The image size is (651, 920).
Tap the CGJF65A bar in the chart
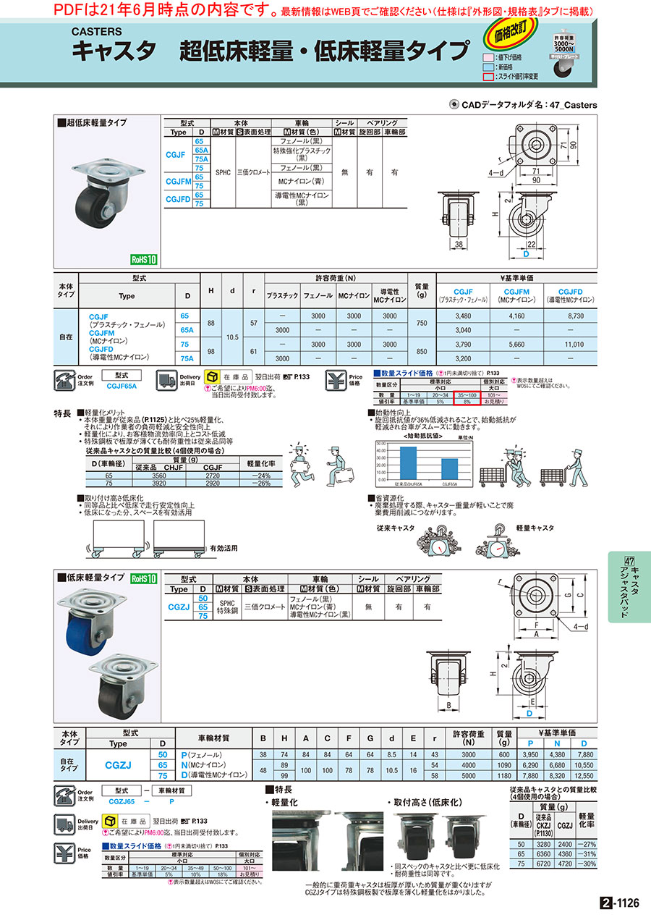click(448, 470)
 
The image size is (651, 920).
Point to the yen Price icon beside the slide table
click(335, 380)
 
